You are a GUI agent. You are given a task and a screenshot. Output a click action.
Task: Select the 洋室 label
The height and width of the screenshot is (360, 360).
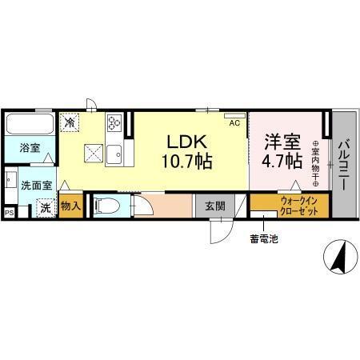click(282, 141)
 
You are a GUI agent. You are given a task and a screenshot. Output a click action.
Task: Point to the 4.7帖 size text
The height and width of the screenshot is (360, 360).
click(282, 162)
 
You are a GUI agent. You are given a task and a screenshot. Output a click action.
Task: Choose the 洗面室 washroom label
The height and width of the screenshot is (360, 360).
click(36, 185)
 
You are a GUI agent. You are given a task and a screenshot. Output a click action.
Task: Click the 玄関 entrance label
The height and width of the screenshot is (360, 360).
click(214, 206)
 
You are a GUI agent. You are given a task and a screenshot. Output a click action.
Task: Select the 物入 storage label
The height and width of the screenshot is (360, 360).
click(70, 206)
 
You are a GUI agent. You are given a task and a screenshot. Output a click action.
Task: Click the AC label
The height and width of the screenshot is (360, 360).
click(235, 123)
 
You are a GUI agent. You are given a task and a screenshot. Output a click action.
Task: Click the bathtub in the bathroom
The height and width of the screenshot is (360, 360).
click(30, 125)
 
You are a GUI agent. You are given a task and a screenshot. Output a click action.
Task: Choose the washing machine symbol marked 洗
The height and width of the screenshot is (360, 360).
click(46, 208)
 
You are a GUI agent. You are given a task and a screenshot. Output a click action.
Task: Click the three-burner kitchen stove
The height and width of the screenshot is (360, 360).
click(114, 123)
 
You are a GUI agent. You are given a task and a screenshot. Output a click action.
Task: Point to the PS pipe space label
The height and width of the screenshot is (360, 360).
click(10, 213)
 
